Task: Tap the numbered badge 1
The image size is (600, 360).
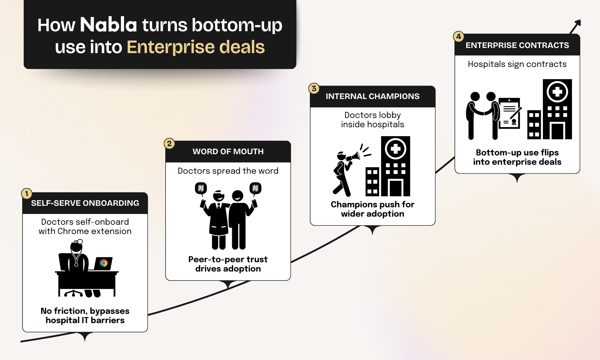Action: point(27,193)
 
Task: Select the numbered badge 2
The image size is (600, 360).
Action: point(169,143)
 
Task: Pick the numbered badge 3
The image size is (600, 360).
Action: point(314,88)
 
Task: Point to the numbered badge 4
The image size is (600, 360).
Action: point(458,37)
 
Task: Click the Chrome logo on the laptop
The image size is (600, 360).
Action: point(104,263)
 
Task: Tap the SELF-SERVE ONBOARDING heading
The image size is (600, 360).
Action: point(85,203)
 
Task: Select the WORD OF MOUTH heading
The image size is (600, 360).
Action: point(228,151)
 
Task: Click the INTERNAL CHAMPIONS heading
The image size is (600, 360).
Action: point(373,96)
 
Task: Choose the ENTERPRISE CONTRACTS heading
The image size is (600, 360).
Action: point(517,45)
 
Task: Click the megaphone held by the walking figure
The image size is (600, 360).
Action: point(353,157)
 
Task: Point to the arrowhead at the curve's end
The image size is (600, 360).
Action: point(578,23)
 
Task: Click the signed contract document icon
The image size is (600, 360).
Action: point(509,113)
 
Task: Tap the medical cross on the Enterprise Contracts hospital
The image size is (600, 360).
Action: point(557,91)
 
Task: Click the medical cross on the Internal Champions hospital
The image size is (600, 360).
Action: point(395,148)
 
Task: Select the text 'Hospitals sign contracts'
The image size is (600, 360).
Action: point(517,64)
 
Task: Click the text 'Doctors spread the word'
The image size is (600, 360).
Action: point(228,171)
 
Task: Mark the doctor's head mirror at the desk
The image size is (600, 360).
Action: point(80,241)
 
